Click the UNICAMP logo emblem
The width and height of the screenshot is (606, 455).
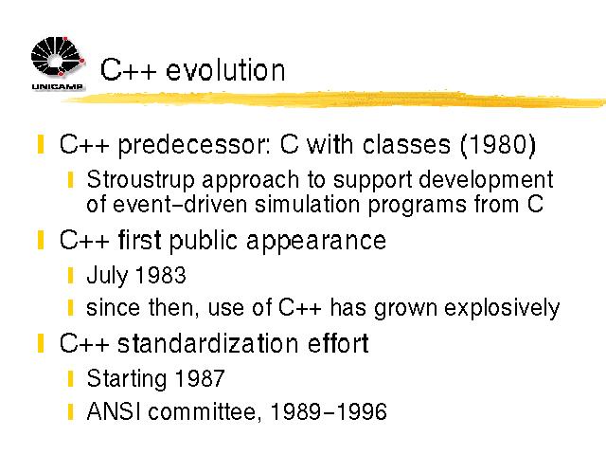tap(58, 57)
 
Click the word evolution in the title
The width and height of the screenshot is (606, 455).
tap(225, 70)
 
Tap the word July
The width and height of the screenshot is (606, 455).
tap(107, 276)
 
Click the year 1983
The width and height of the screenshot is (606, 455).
tap(161, 275)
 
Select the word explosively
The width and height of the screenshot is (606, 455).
tap(502, 308)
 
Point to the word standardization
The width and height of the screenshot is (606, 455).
tap(208, 343)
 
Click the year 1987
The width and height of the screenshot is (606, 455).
tap(200, 378)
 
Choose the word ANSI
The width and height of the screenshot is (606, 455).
tap(114, 410)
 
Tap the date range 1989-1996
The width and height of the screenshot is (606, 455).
tap(329, 410)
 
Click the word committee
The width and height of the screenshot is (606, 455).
tap(203, 411)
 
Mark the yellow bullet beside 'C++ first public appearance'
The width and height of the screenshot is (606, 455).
tap(41, 240)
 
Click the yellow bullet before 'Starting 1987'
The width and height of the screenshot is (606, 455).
tap(70, 379)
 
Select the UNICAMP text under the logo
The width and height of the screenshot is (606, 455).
tap(57, 86)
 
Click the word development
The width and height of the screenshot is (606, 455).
tap(486, 181)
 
